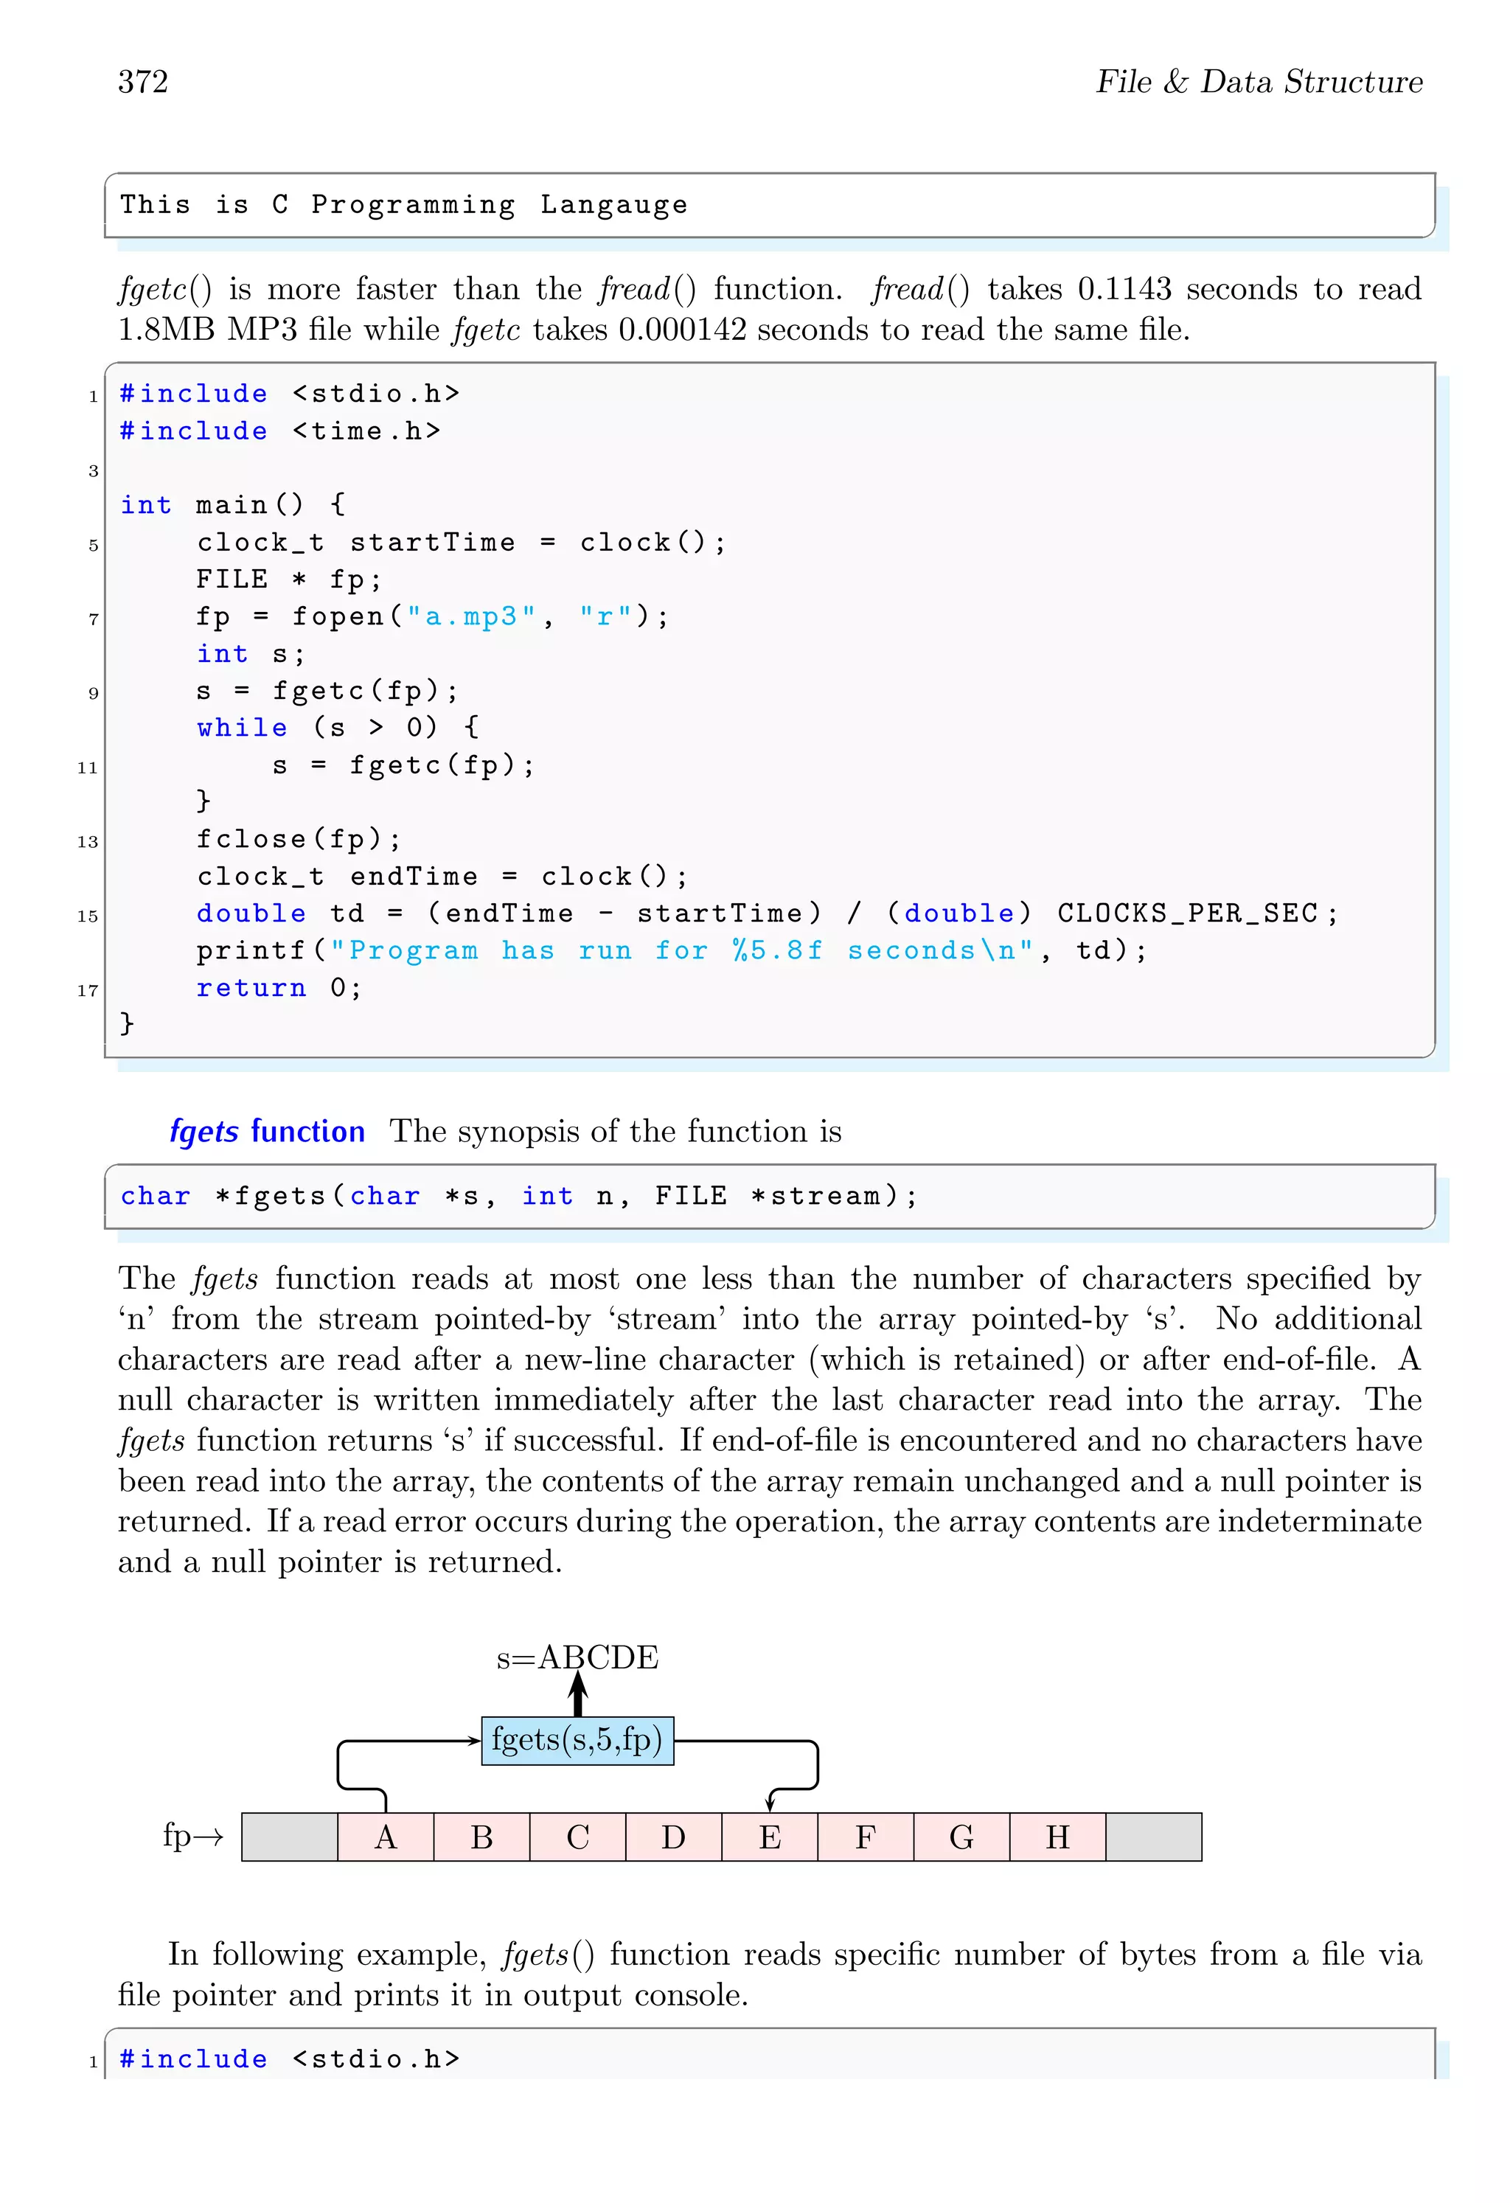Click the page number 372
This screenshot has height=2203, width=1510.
(143, 83)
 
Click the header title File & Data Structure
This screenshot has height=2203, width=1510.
(1259, 83)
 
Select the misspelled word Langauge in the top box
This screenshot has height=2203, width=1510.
(613, 205)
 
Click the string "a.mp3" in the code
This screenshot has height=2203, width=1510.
(471, 617)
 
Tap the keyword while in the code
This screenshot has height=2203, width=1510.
(242, 728)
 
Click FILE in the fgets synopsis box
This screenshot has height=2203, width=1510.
(691, 1197)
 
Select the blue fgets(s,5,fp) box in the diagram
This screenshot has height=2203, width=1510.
(577, 1741)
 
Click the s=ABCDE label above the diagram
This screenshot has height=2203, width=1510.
(577, 1657)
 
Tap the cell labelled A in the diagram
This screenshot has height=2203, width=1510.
(386, 1837)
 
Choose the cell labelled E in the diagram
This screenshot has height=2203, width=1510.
(770, 1837)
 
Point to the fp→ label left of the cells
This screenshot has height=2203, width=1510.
(192, 1835)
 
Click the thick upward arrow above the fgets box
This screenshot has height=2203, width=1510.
(578, 1694)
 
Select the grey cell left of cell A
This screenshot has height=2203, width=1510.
(290, 1837)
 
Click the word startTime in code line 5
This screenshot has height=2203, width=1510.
(432, 543)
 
